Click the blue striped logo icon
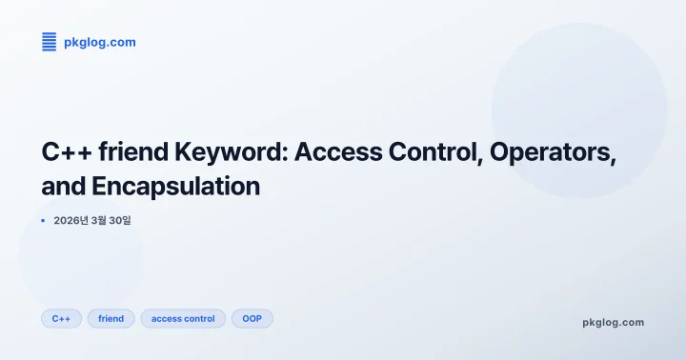click(x=50, y=42)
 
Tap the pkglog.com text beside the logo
click(x=99, y=42)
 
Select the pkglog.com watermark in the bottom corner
click(x=613, y=322)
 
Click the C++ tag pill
click(x=61, y=318)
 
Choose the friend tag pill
click(x=111, y=318)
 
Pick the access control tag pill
click(x=183, y=318)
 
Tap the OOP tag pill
click(x=252, y=318)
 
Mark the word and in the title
click(x=62, y=187)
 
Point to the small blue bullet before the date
click(x=44, y=221)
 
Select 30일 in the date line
click(x=120, y=221)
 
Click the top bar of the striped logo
click(x=50, y=34)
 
